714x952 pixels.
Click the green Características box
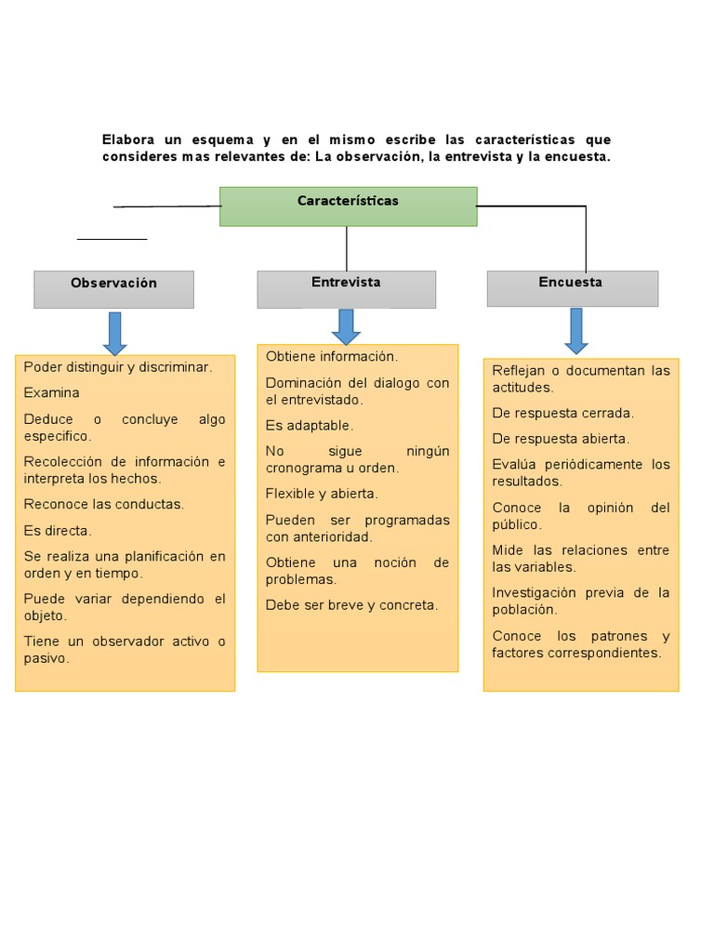pos(348,206)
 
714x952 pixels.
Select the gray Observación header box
pos(113,289)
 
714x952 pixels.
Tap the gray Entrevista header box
pos(346,289)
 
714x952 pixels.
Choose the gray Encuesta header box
pos(572,288)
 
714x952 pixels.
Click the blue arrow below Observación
pos(114,333)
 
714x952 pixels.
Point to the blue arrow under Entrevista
pos(346,326)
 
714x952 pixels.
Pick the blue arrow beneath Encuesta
pos(575,331)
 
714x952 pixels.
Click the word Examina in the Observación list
pos(52,393)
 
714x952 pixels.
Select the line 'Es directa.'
pos(58,531)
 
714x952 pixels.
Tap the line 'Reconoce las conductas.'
pos(104,505)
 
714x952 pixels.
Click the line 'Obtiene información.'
pos(331,357)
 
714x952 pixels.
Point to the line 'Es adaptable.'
pos(310,426)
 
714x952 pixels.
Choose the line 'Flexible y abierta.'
pos(322,495)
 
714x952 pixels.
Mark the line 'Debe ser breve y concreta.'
pos(351,605)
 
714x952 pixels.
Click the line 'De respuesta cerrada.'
pos(562,414)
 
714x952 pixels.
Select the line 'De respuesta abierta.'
pos(561,439)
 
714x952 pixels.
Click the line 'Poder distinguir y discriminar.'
pos(118,367)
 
